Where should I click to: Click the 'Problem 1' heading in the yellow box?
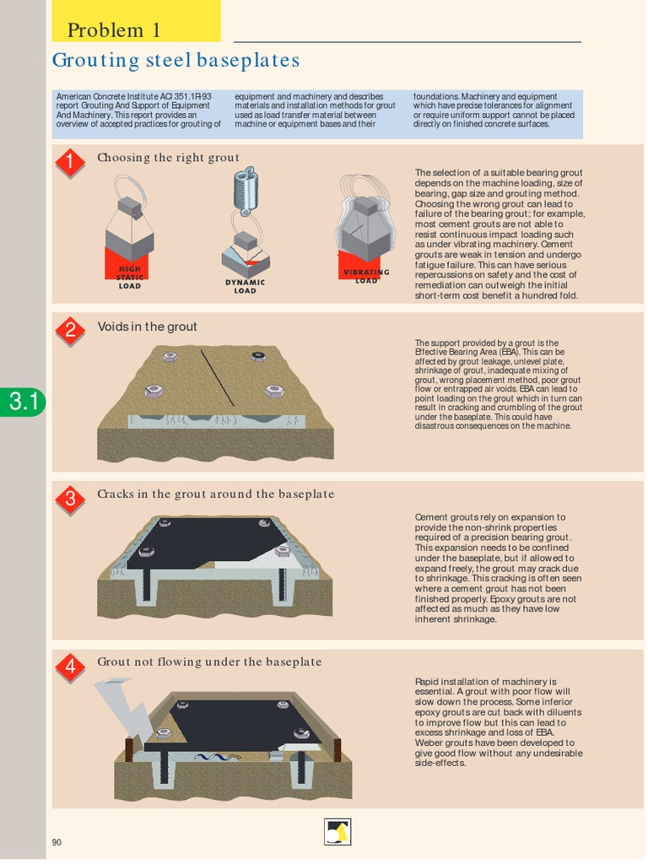(x=113, y=31)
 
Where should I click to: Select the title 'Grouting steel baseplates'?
(x=175, y=61)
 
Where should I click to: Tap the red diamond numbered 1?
(x=70, y=163)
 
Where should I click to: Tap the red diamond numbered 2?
(x=70, y=330)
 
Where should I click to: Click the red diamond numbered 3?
(x=70, y=499)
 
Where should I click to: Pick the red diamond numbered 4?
(x=70, y=667)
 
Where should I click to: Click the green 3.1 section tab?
(x=23, y=402)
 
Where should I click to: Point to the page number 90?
(x=57, y=842)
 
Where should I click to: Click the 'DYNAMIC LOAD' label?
(x=245, y=287)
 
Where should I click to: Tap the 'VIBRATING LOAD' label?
(x=366, y=276)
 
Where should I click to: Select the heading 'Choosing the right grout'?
(x=168, y=158)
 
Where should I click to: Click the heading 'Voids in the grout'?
(x=147, y=327)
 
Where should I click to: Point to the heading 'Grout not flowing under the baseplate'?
(x=209, y=662)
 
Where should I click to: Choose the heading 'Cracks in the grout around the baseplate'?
(x=215, y=494)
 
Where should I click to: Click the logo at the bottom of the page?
(x=337, y=831)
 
